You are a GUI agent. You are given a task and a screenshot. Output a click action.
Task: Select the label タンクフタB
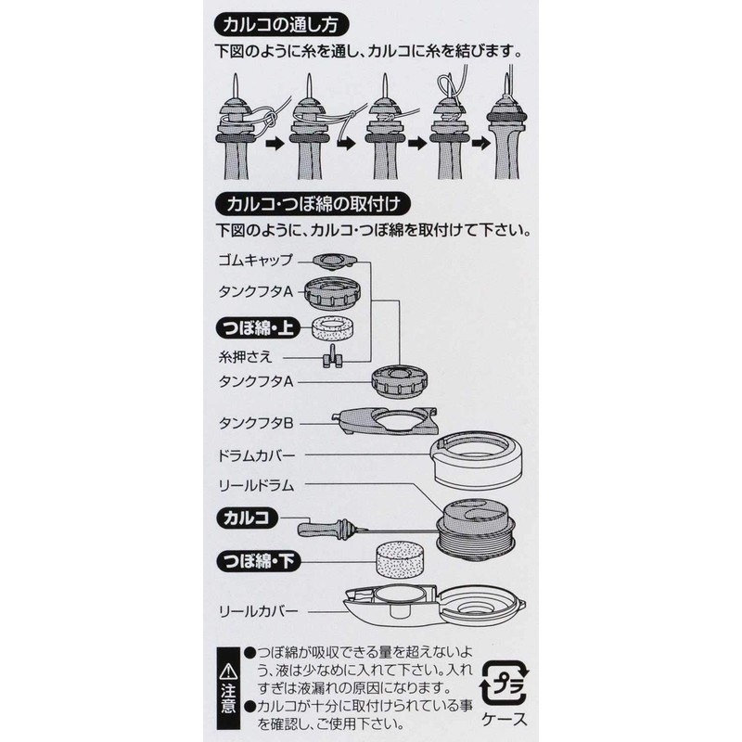[x=257, y=423]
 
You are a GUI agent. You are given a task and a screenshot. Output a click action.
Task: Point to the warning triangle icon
[x=227, y=667]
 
